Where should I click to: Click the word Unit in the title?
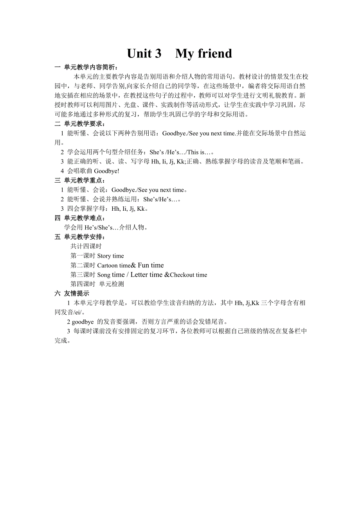coord(144,54)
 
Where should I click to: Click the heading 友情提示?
coord(77,293)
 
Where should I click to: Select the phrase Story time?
coord(110,256)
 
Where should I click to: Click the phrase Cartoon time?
coord(113,265)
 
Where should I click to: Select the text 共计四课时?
coord(86,246)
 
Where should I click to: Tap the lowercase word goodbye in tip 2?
coord(83,322)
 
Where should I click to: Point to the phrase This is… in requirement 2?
coord(200,152)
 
